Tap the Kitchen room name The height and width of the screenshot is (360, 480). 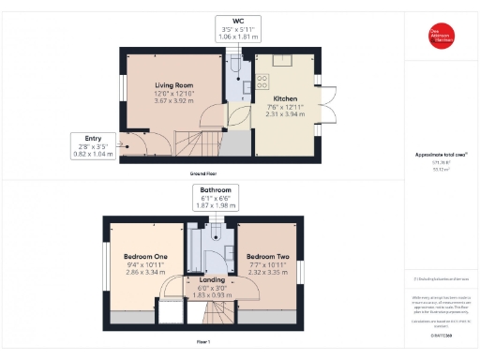pyautogui.click(x=285, y=97)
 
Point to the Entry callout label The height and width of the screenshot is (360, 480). pyautogui.click(x=93, y=145)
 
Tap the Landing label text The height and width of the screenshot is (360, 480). pyautogui.click(x=212, y=279)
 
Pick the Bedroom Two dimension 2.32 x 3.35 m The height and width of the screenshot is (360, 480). pyautogui.click(x=267, y=271)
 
